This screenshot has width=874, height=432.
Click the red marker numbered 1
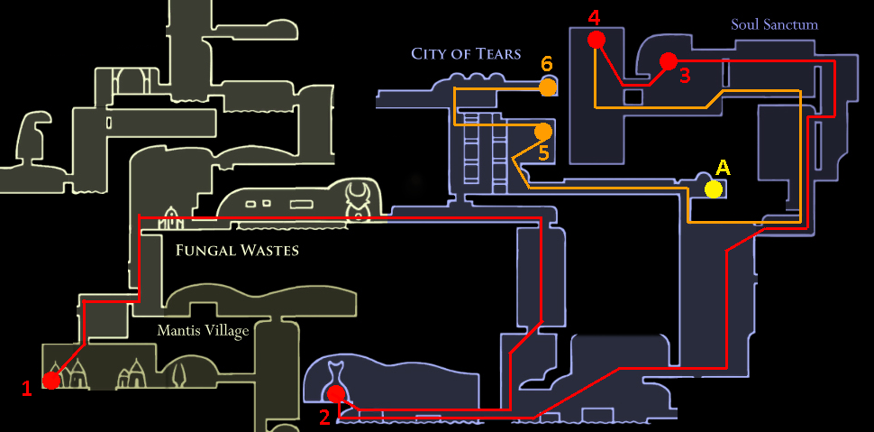(x=51, y=381)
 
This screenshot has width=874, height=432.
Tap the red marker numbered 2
(x=336, y=393)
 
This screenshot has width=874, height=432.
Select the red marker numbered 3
(x=668, y=60)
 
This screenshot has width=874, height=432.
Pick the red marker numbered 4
(x=595, y=39)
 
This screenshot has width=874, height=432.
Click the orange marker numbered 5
(x=542, y=132)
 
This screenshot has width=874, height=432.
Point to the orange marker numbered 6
(x=547, y=87)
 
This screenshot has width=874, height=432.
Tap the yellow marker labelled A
(x=714, y=188)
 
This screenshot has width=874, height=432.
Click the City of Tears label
(x=466, y=53)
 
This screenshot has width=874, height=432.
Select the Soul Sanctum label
(x=774, y=24)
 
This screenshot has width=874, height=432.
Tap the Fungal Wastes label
(x=237, y=250)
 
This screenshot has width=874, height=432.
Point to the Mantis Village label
(x=203, y=331)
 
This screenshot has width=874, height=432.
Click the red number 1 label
(x=27, y=389)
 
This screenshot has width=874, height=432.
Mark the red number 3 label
(x=685, y=76)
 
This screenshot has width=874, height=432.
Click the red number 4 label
(x=593, y=18)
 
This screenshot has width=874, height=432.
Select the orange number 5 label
(x=543, y=153)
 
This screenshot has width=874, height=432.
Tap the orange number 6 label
(x=546, y=65)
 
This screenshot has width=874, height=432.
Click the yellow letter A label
(x=722, y=168)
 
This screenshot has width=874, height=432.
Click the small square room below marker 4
(x=634, y=97)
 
